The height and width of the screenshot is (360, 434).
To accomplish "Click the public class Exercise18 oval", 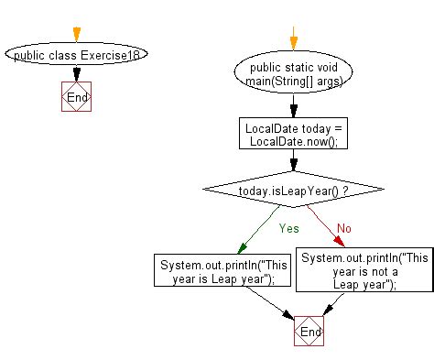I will (75, 54).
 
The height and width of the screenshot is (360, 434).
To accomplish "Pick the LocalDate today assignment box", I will (292, 135).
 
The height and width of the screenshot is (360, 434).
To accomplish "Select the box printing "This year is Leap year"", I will (217, 272).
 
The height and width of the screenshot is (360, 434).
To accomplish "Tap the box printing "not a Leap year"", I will (363, 271).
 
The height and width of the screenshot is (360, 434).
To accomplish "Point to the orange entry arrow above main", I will (293, 40).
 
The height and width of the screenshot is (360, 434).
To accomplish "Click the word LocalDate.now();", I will (292, 141).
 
